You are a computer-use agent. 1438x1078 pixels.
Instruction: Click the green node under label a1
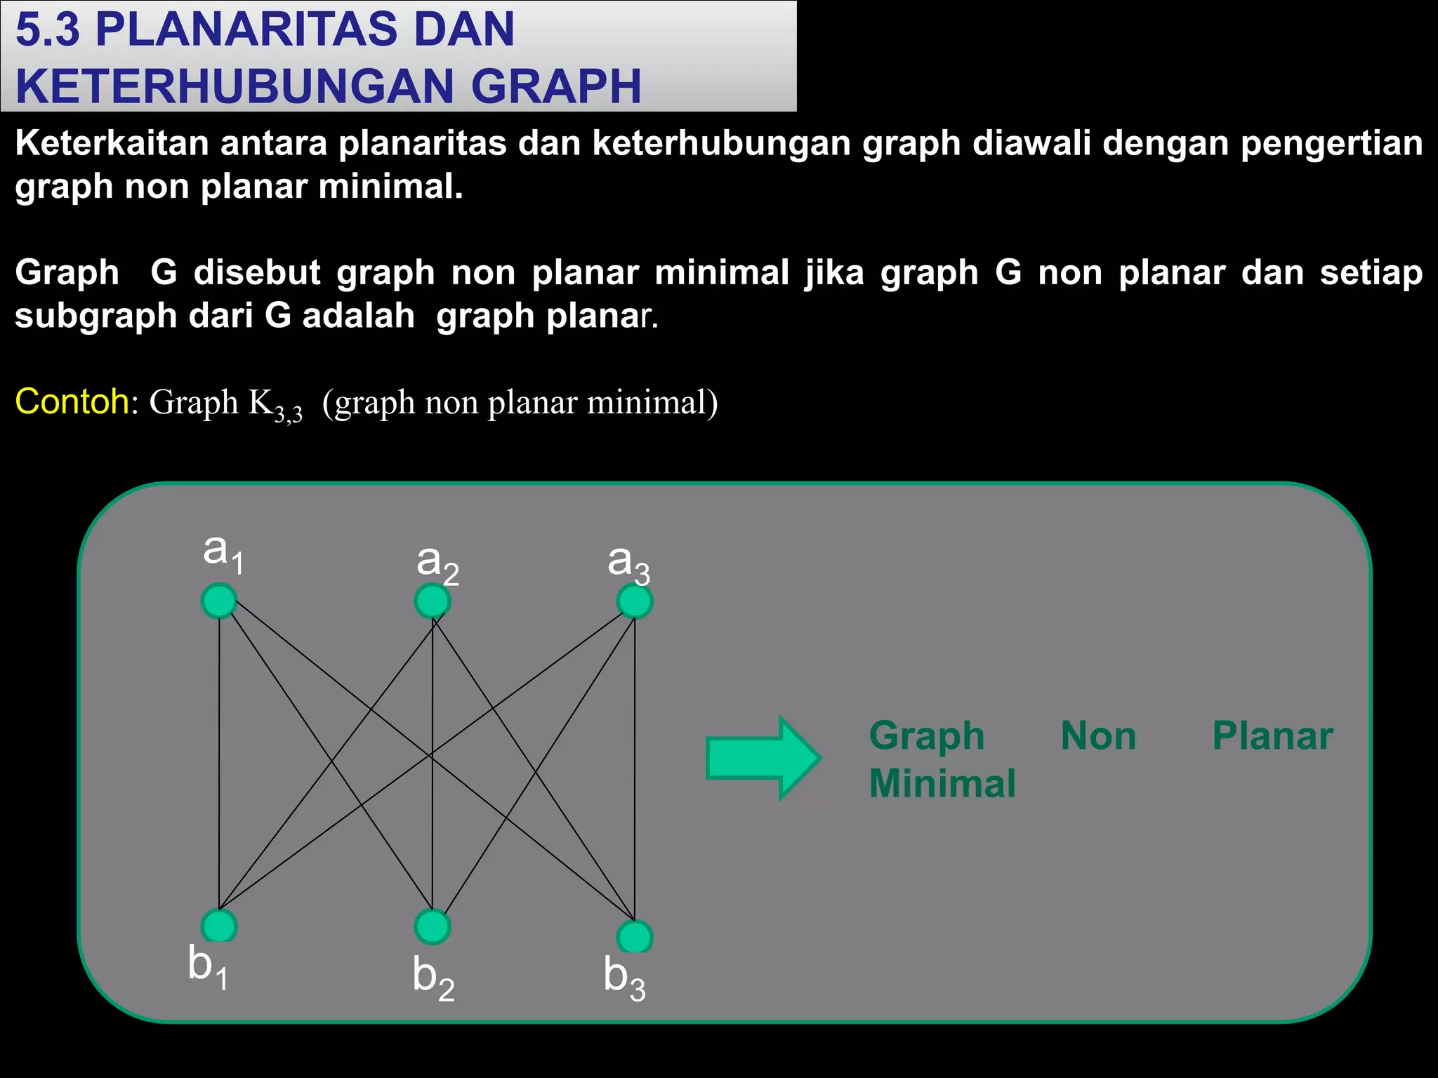point(218,601)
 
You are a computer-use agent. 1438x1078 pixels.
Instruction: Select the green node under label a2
point(432,601)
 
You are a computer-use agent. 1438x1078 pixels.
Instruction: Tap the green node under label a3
point(635,601)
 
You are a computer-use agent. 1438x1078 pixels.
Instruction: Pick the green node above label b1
point(219,926)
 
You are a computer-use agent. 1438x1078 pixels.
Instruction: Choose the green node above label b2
point(433,926)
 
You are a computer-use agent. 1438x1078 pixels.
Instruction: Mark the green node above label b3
point(635,937)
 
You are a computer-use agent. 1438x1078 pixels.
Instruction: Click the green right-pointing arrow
point(763,758)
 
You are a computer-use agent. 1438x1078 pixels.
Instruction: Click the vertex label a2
point(437,564)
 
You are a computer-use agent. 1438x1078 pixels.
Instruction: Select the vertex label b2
point(433,978)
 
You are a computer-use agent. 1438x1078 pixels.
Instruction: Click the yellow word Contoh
point(72,402)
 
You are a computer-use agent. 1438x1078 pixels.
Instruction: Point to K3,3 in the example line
point(275,405)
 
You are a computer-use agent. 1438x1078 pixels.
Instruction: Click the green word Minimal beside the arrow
point(942,783)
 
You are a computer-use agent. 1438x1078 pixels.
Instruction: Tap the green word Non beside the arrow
point(1098,736)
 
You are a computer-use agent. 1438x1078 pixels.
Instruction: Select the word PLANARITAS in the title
point(305,29)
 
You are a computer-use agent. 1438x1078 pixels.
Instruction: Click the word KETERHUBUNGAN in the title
point(235,86)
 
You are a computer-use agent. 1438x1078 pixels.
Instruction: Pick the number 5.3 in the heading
point(47,29)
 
